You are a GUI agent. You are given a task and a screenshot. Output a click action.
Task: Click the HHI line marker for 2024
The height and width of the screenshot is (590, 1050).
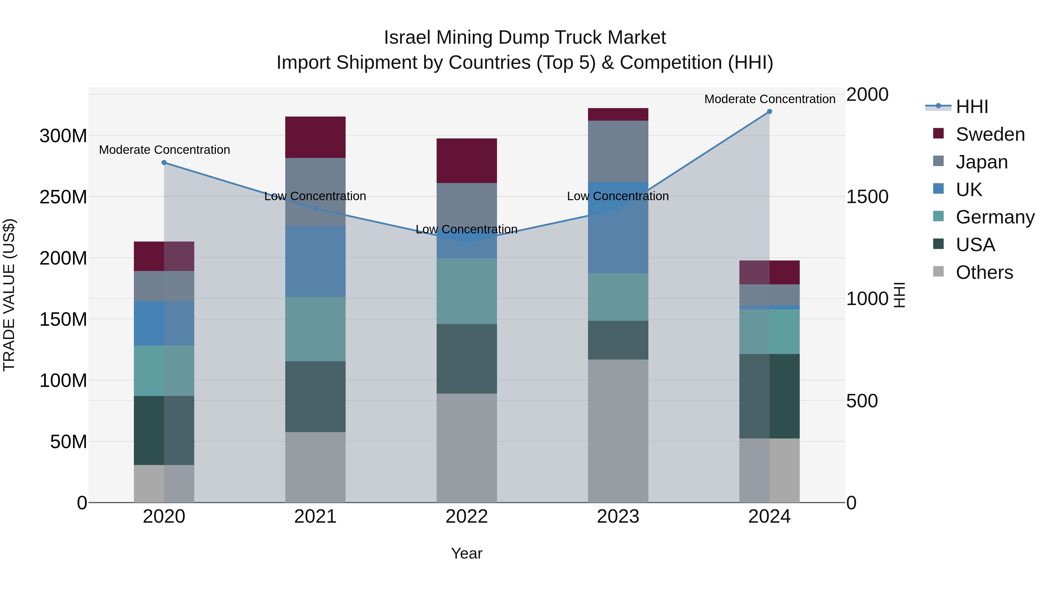(x=769, y=112)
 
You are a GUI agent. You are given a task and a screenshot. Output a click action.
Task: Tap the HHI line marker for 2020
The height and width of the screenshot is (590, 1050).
(x=164, y=163)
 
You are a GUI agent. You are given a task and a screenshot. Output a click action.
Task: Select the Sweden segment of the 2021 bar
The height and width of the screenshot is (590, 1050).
(x=315, y=137)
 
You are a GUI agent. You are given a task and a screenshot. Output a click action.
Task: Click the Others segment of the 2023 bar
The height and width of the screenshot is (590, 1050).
(x=618, y=431)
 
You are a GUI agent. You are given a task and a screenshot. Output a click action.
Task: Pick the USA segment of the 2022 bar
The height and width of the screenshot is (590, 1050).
(x=466, y=359)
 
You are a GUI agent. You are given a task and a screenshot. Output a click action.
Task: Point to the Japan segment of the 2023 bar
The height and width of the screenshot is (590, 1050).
(x=618, y=151)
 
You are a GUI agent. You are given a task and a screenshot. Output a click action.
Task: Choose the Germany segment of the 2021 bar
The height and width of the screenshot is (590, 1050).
(x=315, y=329)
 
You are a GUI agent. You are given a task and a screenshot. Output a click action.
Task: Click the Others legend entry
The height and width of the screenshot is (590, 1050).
(x=984, y=272)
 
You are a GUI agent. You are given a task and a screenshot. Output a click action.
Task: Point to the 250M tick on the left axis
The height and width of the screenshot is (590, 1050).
(x=63, y=197)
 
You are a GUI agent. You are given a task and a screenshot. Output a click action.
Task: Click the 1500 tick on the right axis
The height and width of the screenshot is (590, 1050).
(x=867, y=197)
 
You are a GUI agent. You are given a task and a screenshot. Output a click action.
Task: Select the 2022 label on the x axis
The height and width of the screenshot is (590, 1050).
(x=466, y=517)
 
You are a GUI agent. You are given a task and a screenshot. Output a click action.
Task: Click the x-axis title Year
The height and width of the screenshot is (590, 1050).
(x=466, y=553)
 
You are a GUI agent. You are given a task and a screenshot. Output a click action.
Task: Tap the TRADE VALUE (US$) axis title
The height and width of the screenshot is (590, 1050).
(x=9, y=295)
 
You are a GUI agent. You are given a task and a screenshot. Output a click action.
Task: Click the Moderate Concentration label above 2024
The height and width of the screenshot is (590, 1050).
(x=770, y=99)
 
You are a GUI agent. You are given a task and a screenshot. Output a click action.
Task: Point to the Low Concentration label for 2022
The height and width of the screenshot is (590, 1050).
(x=466, y=229)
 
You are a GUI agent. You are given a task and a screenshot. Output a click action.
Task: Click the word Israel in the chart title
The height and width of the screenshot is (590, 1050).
(x=407, y=38)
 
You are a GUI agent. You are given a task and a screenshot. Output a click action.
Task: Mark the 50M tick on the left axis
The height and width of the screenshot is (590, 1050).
(x=69, y=442)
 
